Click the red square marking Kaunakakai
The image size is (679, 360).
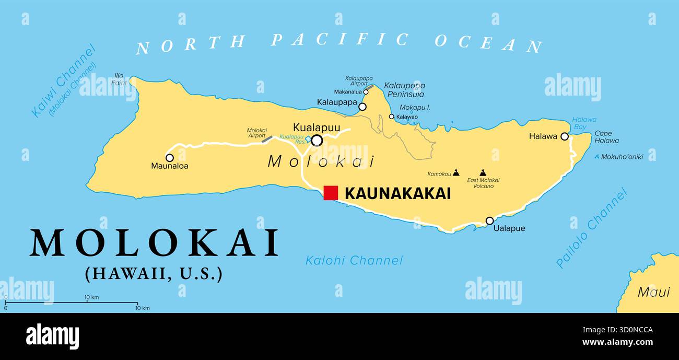[331, 193]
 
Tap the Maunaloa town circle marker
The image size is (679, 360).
[169, 158]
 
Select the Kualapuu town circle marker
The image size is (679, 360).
[317, 140]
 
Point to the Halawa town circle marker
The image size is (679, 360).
[564, 136]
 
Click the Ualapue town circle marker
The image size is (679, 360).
[489, 220]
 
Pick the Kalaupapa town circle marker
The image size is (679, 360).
[362, 107]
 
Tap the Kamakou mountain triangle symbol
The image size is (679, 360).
[456, 172]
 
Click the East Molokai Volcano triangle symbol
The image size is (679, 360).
[483, 172]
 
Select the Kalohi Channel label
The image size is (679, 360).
[354, 260]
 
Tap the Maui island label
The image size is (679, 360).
[653, 292]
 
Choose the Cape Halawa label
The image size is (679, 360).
[606, 137]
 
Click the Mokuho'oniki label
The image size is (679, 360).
[622, 157]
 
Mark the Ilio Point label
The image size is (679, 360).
[119, 79]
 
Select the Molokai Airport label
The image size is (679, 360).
[256, 133]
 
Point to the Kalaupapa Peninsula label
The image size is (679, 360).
[404, 90]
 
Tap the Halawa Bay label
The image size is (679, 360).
[583, 123]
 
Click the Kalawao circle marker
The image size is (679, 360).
[391, 117]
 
